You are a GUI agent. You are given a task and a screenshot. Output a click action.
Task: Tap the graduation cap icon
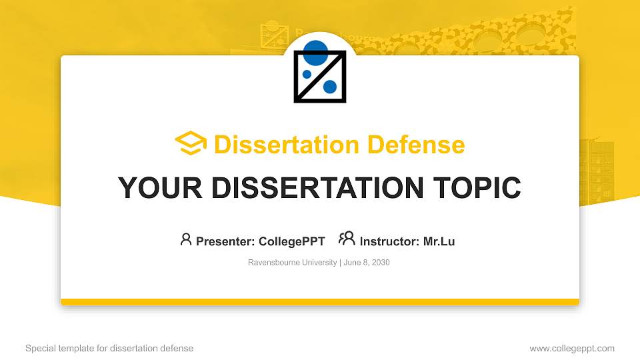point(191,143)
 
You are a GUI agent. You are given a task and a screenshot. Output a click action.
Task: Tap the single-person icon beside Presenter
point(186,239)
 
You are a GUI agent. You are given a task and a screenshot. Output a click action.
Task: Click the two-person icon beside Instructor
point(347,239)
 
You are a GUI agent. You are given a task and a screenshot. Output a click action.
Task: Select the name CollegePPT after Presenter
point(293,241)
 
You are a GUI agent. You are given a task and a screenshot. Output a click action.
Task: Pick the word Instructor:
point(389,241)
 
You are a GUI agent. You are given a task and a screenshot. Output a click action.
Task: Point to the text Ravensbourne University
point(292,263)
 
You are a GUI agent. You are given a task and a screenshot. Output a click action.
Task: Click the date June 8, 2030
point(367,263)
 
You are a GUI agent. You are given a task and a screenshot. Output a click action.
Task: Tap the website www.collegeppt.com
point(571,348)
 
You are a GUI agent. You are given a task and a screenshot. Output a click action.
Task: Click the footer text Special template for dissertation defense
point(109,348)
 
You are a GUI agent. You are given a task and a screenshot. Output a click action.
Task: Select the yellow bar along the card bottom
point(320,302)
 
